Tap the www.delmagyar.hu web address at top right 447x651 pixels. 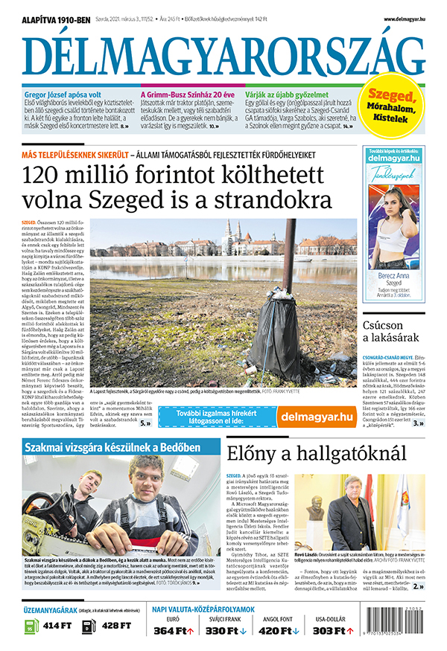click(405, 19)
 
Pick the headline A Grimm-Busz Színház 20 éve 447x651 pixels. click(188, 95)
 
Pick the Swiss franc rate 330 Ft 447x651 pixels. click(226, 631)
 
